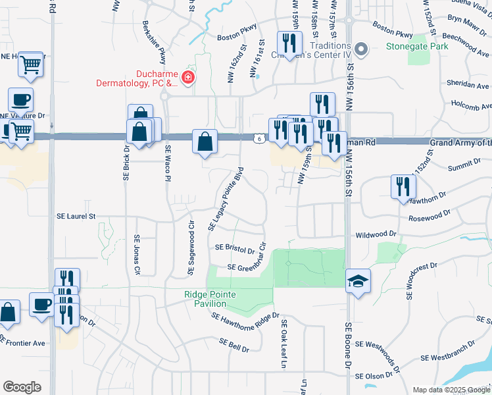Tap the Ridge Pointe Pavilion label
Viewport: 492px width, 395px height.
tap(214, 299)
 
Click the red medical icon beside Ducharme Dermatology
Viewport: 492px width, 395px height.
tap(189, 78)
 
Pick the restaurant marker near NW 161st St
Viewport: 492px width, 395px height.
tap(289, 43)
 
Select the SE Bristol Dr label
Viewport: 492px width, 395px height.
tap(235, 248)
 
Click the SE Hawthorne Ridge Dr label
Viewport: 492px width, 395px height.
tap(245, 317)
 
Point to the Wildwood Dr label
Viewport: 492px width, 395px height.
tap(376, 234)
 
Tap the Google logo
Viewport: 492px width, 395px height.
tap(22, 387)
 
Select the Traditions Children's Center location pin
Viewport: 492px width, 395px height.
tap(360, 49)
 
